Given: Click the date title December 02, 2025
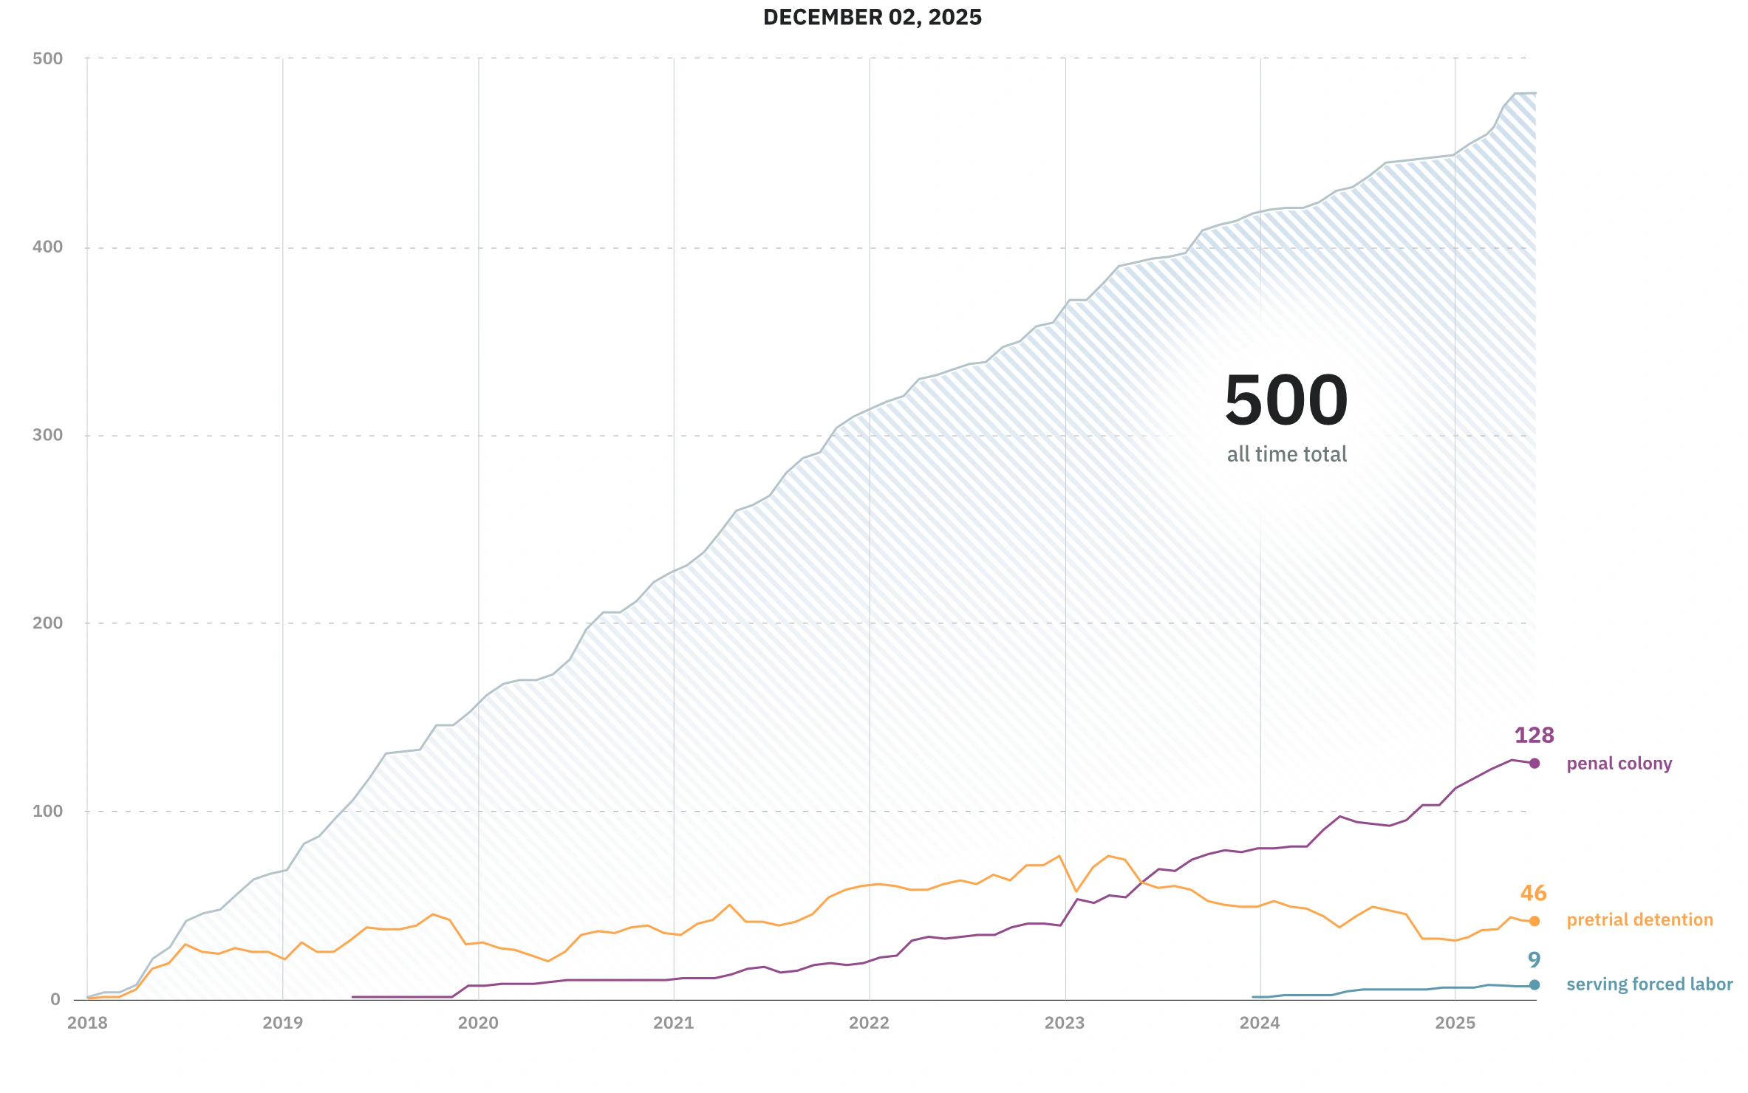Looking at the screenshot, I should (x=872, y=18).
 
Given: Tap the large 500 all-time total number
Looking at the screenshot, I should (x=1286, y=400).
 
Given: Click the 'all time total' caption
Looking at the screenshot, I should (x=1286, y=454).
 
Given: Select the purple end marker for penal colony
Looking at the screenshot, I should (x=1534, y=764).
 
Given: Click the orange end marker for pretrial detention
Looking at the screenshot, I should (x=1534, y=921).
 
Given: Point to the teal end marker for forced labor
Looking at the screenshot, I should (x=1534, y=984).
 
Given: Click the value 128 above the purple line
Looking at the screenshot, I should (x=1534, y=736).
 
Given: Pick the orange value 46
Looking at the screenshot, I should (x=1533, y=894).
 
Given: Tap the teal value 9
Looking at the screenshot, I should (x=1534, y=960).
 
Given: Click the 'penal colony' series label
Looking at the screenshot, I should (x=1619, y=764).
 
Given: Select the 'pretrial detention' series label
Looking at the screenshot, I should (x=1639, y=920).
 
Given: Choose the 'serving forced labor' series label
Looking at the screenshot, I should (x=1649, y=984).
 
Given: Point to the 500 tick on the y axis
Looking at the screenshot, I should (x=48, y=58).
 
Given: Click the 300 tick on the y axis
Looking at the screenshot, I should (x=48, y=435).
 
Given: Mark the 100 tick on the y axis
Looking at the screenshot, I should (x=48, y=811).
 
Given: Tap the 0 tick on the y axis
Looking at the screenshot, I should (x=55, y=1000).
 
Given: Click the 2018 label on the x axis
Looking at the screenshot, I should (x=87, y=1023).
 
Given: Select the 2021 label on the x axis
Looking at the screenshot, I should (x=673, y=1023).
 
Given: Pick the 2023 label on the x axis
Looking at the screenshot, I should (x=1064, y=1023).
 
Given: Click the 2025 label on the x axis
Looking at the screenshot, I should (x=1455, y=1023).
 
